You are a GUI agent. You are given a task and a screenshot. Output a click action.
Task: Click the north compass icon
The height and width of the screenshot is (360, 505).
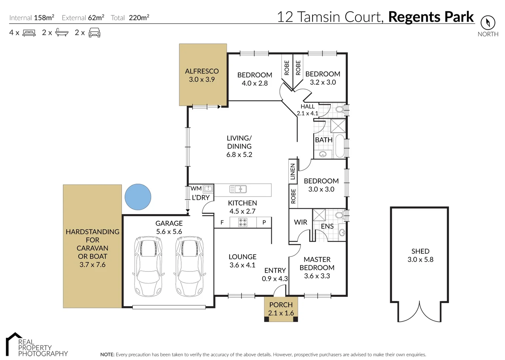click(x=488, y=23)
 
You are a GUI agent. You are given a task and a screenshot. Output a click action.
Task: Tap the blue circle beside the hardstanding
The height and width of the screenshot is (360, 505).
click(x=138, y=197)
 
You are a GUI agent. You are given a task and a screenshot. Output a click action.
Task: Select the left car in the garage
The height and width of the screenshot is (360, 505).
click(x=149, y=266)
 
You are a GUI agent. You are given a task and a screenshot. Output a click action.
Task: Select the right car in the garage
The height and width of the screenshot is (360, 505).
click(x=190, y=266)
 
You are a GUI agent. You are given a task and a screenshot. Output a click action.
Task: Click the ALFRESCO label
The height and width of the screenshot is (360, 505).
click(x=202, y=71)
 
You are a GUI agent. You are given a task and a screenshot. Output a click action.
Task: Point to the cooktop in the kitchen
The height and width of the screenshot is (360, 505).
click(x=243, y=222)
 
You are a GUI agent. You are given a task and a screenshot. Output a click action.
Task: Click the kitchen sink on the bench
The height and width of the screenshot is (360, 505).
click(x=238, y=189)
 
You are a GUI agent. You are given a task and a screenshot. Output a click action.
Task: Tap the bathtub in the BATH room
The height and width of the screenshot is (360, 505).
click(x=339, y=146)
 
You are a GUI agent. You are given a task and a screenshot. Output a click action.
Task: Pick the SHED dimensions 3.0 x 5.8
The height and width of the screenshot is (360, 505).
click(x=420, y=260)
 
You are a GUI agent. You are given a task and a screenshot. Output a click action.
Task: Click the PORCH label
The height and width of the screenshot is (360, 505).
click(x=281, y=305)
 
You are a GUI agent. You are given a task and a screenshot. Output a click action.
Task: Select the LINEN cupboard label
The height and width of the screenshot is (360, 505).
click(x=293, y=171)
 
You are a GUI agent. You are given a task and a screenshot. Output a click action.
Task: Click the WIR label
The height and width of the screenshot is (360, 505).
click(x=300, y=222)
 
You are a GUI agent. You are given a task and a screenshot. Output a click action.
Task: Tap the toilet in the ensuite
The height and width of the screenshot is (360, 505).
click(x=339, y=215)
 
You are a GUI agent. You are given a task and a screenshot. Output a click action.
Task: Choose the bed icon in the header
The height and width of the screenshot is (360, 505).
click(x=29, y=33)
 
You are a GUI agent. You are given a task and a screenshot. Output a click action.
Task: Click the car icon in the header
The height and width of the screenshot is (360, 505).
click(x=95, y=33)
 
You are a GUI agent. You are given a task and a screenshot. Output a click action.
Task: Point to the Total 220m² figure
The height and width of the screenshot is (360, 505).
click(x=139, y=18)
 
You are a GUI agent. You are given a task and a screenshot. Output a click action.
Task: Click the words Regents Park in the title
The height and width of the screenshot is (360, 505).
click(x=431, y=17)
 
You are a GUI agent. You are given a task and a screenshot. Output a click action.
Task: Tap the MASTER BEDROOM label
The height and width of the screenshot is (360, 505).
click(x=317, y=263)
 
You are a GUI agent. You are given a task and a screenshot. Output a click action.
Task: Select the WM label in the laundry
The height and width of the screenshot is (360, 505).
click(x=196, y=189)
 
